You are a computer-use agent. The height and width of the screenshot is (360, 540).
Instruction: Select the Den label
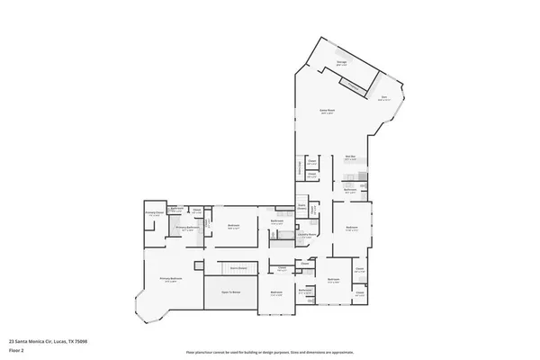pyautogui.click(x=383, y=98)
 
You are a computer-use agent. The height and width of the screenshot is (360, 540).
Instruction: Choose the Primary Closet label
pyautogui.click(x=154, y=213)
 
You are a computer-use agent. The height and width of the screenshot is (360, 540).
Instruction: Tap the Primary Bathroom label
pyautogui.click(x=187, y=229)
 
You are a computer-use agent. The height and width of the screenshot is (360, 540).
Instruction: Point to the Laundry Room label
pyautogui.click(x=305, y=235)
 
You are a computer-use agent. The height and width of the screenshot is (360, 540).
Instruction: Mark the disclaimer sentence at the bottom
pyautogui.click(x=269, y=352)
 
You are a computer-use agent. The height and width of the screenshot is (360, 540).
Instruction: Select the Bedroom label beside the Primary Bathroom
pyautogui.click(x=233, y=226)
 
